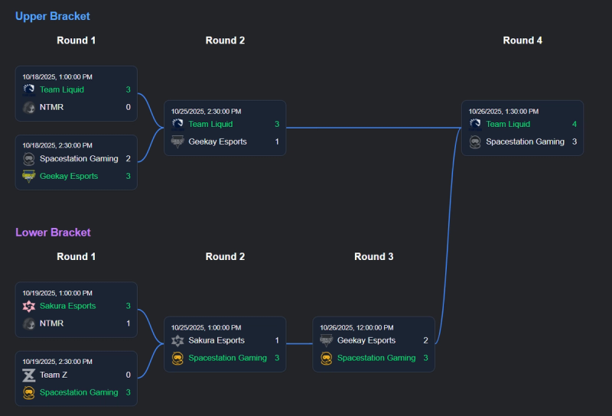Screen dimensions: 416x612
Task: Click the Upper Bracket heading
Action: pos(52,16)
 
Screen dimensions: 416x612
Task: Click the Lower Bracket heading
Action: pos(53,232)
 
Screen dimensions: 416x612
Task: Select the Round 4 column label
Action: pos(522,41)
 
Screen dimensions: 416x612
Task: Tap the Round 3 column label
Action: pos(374,257)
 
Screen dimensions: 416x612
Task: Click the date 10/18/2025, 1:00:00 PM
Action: pos(57,76)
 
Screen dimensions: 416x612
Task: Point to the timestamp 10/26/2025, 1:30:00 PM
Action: pos(504,111)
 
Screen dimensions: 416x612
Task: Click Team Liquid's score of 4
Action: pos(575,124)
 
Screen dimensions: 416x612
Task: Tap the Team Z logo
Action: pos(29,375)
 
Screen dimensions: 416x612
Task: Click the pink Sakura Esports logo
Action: pos(29,306)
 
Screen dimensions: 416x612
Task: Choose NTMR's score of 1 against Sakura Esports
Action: pos(128,323)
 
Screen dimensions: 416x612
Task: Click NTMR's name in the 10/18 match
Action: pos(52,107)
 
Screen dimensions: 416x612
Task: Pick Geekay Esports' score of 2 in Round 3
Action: pos(425,340)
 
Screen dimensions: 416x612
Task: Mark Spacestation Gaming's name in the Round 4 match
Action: pos(525,141)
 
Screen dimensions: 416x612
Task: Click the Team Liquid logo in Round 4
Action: pos(475,124)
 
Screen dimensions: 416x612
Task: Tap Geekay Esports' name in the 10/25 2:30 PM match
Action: pos(217,141)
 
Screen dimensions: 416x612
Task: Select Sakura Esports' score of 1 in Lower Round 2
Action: pos(277,340)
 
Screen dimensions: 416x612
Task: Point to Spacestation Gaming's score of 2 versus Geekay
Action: pos(128,158)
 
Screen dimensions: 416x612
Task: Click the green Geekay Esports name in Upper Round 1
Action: pos(69,176)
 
